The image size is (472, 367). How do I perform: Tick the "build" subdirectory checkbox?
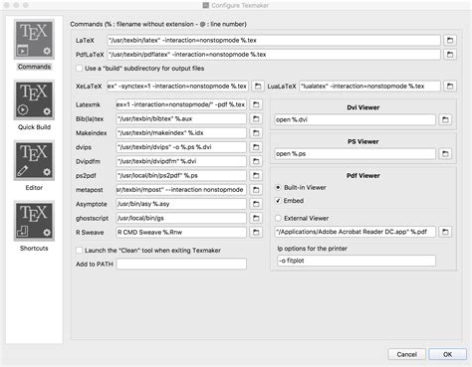pos(80,69)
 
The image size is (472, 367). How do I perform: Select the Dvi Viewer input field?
pos(359,119)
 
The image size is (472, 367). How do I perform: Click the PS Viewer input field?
pos(359,154)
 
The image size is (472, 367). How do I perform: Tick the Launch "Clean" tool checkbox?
pos(80,249)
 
